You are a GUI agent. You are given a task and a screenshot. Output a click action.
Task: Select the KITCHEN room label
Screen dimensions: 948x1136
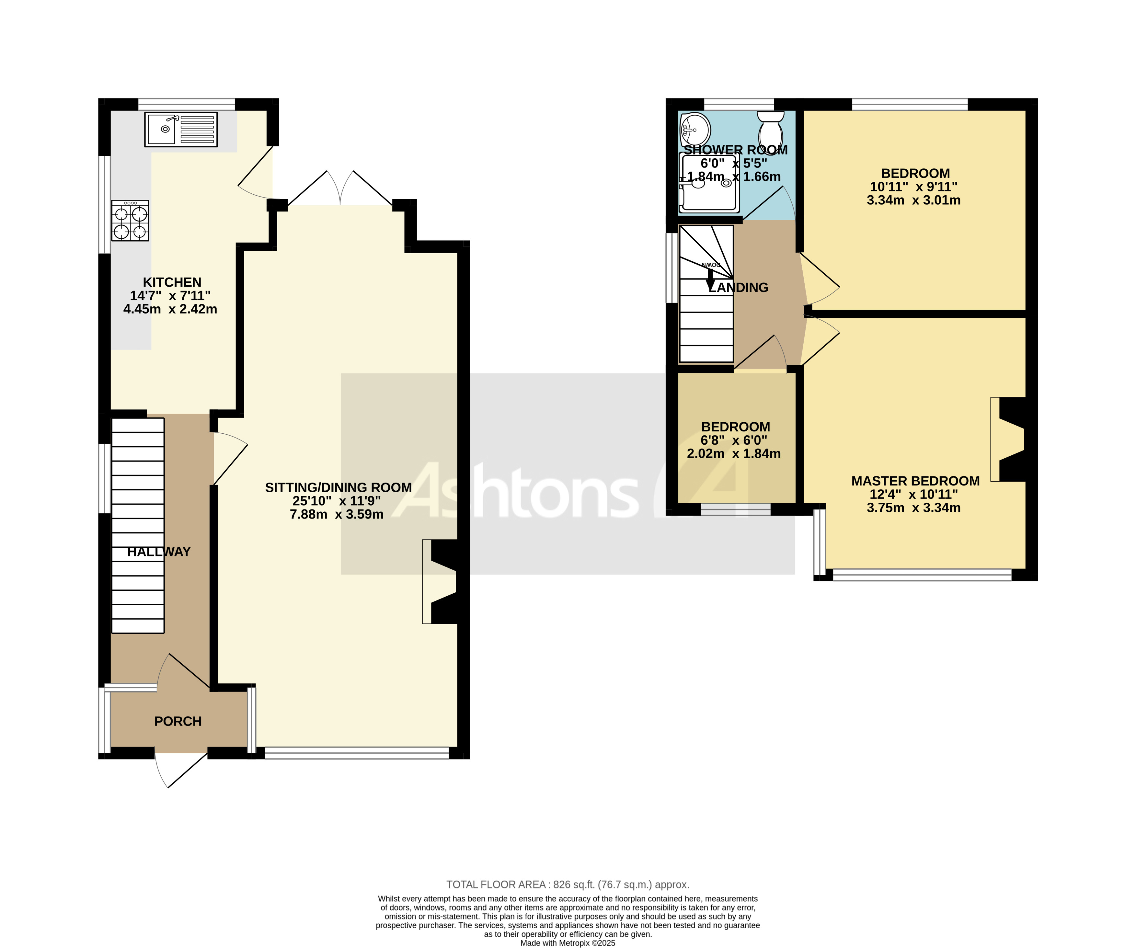pyautogui.click(x=172, y=282)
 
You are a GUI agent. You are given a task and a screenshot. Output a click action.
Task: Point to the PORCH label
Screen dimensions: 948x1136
pyautogui.click(x=178, y=721)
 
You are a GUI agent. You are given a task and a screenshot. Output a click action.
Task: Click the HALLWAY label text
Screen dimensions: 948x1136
pyautogui.click(x=159, y=552)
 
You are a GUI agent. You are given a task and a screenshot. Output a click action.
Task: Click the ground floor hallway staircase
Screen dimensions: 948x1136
pyautogui.click(x=138, y=525)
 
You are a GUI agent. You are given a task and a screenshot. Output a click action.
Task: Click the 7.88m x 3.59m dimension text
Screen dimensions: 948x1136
pyautogui.click(x=337, y=514)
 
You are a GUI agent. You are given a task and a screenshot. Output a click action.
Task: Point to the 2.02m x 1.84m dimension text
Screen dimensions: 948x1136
pyautogui.click(x=734, y=454)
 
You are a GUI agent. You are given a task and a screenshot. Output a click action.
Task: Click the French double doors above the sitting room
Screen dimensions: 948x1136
pyautogui.click(x=340, y=189)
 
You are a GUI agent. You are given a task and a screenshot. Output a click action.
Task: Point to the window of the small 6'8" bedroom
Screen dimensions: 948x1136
pyautogui.click(x=735, y=509)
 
